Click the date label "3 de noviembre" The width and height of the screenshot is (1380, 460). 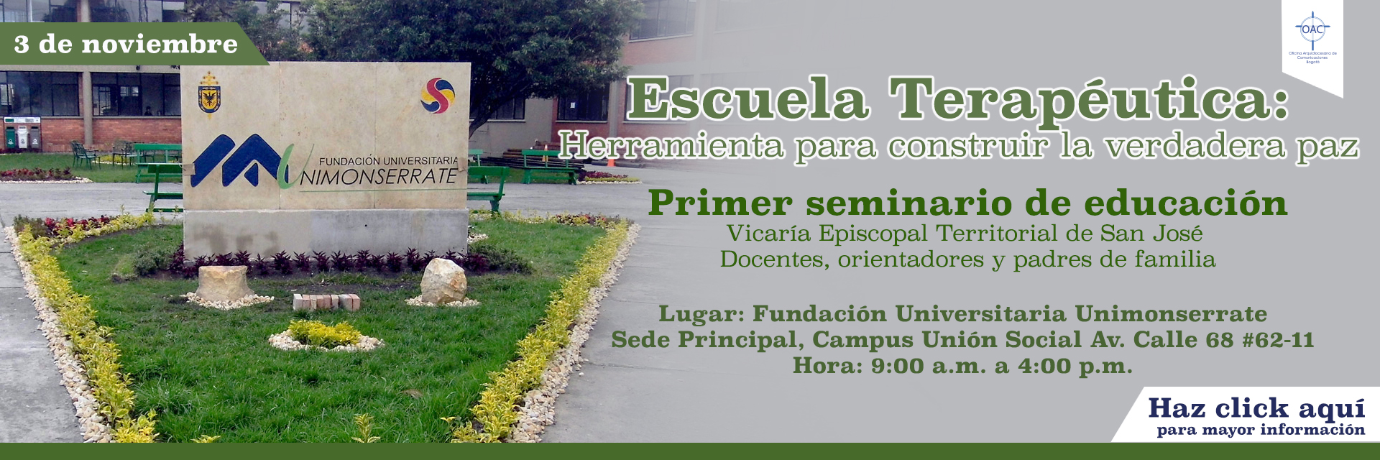point(126,45)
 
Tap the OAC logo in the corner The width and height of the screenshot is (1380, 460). point(1312,32)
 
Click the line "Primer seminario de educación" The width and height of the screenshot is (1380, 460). point(967,203)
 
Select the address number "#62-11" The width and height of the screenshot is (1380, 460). point(1277,340)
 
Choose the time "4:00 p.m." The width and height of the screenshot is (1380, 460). point(1075,366)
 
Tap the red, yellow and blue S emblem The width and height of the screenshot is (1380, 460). point(438,96)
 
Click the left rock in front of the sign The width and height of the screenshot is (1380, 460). point(224,282)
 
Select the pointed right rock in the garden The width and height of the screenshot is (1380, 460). point(443,281)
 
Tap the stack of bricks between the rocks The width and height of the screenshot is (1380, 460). point(327,301)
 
